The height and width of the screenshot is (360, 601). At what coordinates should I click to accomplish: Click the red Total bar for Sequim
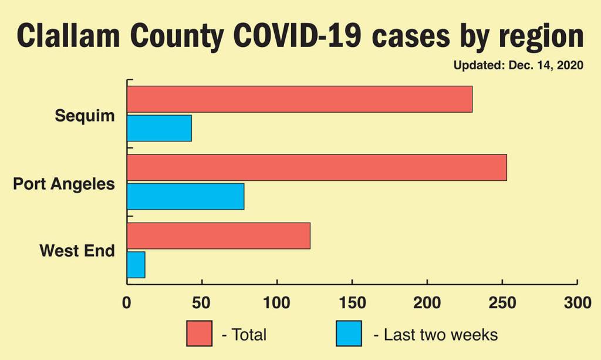(x=299, y=99)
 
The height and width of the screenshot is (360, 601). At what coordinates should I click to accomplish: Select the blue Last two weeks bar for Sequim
(x=159, y=128)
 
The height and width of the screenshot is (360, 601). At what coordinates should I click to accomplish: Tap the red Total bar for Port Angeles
(x=316, y=167)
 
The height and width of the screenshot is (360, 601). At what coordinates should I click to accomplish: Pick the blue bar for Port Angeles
(x=185, y=196)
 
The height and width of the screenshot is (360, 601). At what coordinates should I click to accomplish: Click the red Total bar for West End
(x=218, y=235)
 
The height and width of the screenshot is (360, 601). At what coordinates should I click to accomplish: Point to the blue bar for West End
(x=136, y=264)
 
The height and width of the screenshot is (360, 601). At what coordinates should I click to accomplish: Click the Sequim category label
(x=85, y=116)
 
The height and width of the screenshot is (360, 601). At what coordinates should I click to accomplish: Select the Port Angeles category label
(x=64, y=184)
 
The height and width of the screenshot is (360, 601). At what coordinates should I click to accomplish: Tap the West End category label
(x=77, y=251)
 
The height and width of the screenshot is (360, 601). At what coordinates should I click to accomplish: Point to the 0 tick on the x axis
(x=127, y=303)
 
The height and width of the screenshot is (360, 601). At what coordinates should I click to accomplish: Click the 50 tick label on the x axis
(x=202, y=303)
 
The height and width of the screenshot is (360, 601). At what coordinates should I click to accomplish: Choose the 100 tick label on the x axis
(x=277, y=303)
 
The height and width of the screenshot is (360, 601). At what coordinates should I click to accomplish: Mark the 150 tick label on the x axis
(x=352, y=303)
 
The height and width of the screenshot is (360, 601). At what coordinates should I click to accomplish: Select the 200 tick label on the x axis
(x=427, y=303)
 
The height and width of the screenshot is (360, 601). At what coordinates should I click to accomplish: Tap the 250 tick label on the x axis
(x=502, y=303)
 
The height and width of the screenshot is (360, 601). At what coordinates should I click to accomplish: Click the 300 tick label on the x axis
(x=578, y=303)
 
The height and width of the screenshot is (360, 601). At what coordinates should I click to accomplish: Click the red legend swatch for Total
(x=200, y=334)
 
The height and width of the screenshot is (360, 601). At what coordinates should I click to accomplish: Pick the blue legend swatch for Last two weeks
(x=349, y=334)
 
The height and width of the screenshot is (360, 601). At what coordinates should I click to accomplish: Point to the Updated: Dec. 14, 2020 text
(x=518, y=65)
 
